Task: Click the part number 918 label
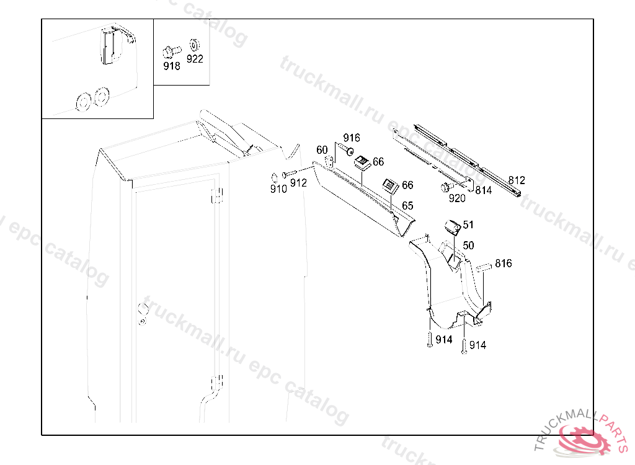tap(171, 66)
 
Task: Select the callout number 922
tap(195, 59)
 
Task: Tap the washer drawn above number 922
tap(194, 45)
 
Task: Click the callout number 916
tap(352, 138)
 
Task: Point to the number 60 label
tap(322, 150)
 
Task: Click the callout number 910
tap(278, 188)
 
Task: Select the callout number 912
tap(298, 183)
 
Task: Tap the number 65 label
tap(407, 206)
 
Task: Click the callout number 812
tap(517, 180)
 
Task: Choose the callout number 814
tap(484, 190)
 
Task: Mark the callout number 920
tap(457, 198)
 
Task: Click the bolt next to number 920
tap(447, 187)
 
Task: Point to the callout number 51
tap(468, 224)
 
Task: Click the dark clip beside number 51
tap(452, 228)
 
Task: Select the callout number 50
tap(468, 245)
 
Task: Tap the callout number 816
tap(504, 263)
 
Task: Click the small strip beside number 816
tap(484, 267)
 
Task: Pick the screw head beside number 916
tap(349, 151)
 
